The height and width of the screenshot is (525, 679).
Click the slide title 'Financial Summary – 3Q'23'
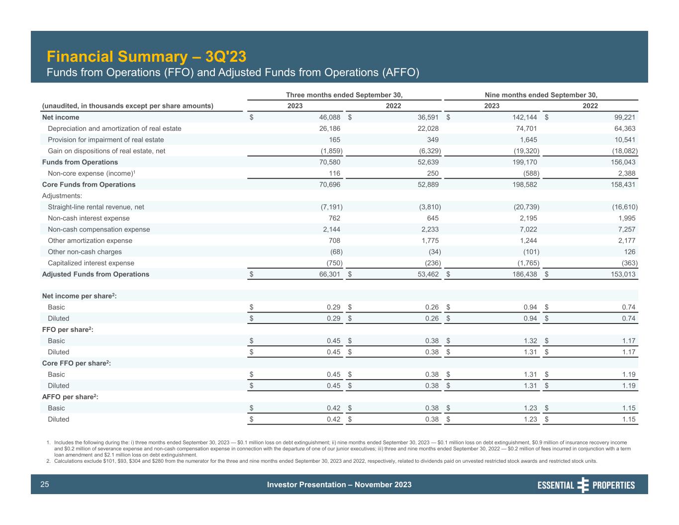click(146, 56)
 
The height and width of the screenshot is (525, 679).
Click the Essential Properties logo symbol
click(583, 485)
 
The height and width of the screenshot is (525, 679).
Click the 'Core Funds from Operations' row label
click(89, 185)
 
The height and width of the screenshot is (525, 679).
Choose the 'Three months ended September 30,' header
click(344, 95)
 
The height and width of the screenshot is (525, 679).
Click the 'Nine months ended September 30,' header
click(541, 95)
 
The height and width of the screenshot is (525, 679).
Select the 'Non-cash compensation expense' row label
click(98, 229)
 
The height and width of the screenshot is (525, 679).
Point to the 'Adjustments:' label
click(62, 196)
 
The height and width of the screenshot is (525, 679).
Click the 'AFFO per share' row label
click(70, 397)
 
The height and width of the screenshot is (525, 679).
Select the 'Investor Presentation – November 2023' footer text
click(339, 485)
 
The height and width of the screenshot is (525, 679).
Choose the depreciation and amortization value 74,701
click(524, 128)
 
